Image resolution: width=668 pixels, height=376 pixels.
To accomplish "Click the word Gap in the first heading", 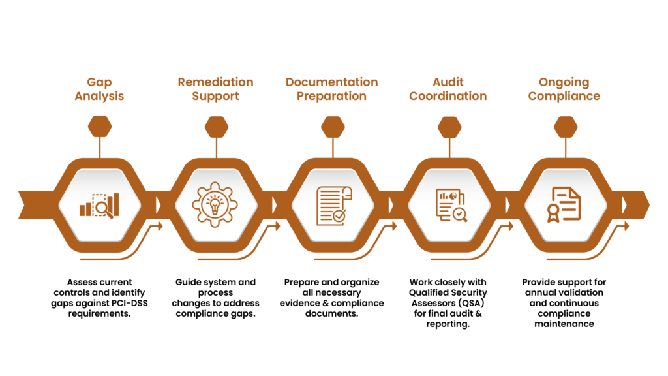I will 100,82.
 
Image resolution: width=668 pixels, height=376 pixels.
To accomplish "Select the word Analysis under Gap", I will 100,96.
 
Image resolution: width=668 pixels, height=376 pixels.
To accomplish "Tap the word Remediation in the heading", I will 215,82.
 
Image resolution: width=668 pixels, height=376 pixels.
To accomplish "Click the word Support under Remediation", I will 215,96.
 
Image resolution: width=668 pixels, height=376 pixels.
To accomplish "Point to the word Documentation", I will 331,82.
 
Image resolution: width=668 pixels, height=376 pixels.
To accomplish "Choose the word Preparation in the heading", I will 331,96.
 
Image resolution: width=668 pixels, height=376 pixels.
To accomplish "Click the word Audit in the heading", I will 449,82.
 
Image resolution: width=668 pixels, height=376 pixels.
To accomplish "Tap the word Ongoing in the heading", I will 564,82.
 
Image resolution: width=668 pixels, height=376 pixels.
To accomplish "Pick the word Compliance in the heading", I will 564,96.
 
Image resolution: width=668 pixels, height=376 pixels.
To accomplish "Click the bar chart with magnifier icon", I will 100,205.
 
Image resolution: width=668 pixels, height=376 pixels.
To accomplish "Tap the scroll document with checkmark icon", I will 333,205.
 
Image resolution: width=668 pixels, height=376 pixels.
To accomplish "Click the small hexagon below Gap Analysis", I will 100,127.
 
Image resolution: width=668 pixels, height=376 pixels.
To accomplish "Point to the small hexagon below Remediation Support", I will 216,127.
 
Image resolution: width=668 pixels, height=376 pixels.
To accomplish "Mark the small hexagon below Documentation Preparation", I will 333,127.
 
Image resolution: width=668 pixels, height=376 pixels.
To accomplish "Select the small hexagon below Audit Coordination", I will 449,127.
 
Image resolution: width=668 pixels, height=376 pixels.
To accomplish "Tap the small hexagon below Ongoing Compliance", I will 566,127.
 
